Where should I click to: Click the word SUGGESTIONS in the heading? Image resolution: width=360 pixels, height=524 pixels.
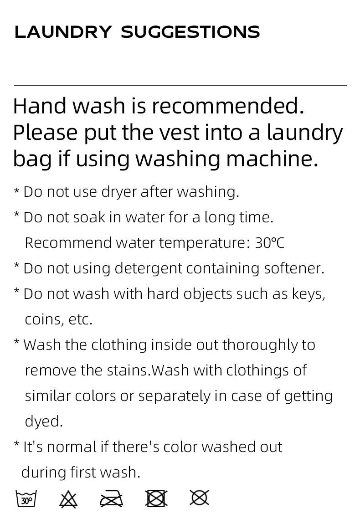[190, 32]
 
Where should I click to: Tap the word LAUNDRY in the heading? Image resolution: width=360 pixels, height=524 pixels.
[63, 32]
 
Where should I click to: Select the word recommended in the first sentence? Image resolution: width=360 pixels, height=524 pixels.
[228, 106]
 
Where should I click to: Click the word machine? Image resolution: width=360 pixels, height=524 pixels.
[272, 159]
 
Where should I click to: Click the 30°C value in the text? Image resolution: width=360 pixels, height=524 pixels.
[270, 243]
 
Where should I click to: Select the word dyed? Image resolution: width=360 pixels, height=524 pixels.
[44, 421]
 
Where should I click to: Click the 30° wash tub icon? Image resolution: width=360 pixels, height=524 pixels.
[26, 498]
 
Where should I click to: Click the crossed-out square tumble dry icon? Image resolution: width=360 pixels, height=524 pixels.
[156, 498]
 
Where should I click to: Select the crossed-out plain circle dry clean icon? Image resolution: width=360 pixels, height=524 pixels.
[199, 498]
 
